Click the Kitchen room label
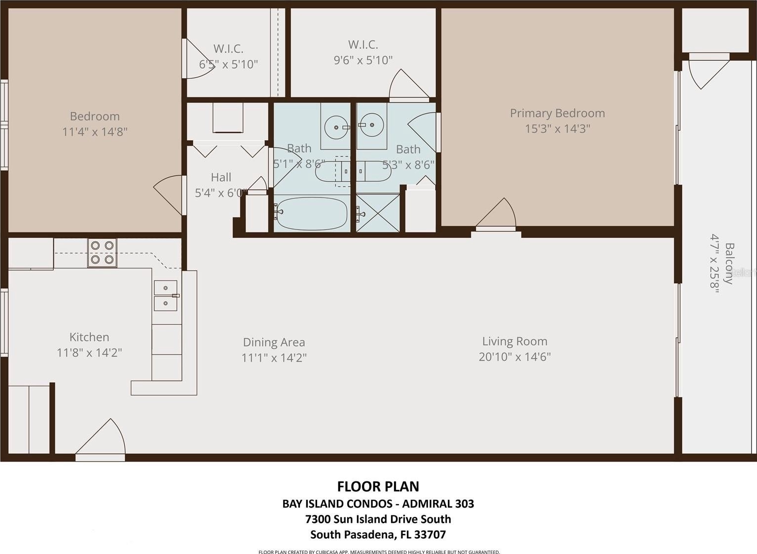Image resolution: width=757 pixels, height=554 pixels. point(89,337)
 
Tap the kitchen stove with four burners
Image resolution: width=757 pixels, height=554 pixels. point(102,252)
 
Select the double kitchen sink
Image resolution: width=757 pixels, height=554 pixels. point(166,295)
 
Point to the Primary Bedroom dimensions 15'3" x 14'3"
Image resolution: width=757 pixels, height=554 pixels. point(557,128)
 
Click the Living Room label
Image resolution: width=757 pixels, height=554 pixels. point(515,341)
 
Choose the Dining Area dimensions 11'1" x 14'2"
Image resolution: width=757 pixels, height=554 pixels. point(274,357)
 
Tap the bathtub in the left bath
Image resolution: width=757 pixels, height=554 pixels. point(311,213)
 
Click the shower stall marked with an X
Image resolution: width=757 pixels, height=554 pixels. point(378,213)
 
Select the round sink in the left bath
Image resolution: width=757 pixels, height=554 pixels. point(336,127)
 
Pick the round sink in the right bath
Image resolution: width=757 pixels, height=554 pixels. point(372,125)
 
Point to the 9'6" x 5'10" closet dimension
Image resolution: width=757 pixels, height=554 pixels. point(363,60)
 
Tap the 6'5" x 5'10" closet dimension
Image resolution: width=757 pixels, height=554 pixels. point(228,64)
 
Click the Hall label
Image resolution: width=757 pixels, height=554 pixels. point(221,177)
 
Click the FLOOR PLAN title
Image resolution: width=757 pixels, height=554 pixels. point(378,487)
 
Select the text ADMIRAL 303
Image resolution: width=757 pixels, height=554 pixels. point(438,504)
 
